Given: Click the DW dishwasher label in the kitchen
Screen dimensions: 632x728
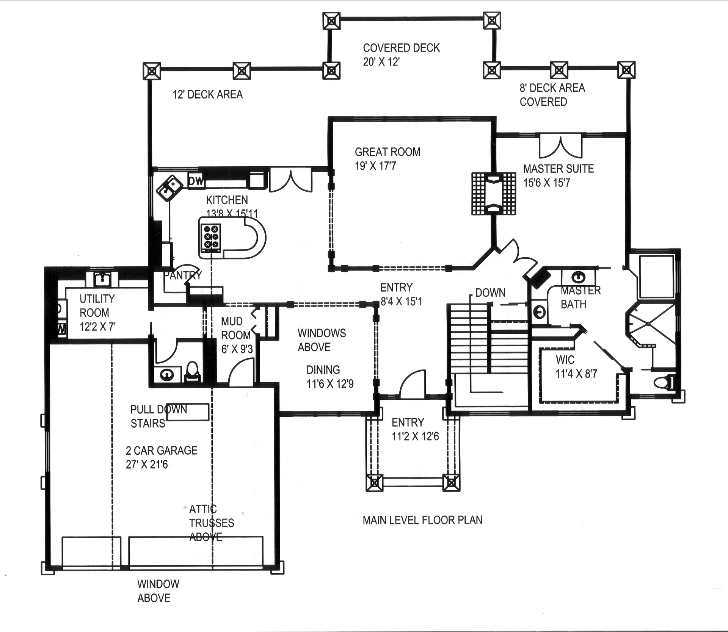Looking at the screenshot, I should pos(196,181).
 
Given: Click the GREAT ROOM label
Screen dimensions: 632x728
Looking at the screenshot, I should pos(387,152).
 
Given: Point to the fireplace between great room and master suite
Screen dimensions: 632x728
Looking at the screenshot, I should pos(493,194).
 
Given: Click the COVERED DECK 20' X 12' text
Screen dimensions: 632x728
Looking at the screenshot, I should pos(401,55).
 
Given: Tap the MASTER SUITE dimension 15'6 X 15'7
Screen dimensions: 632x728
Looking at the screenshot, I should pos(546,183).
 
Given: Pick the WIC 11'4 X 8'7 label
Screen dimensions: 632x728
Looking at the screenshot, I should pos(576,367).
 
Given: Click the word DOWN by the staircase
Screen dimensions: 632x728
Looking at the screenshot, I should pos(490,293).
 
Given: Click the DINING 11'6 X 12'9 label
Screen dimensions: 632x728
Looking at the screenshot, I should pos(329,377).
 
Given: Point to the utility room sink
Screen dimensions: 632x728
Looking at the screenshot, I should pos(102,280).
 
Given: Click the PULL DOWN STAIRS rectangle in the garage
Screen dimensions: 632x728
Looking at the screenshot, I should pos(188,412).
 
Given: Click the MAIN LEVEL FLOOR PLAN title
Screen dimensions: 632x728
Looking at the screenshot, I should pos(422,520).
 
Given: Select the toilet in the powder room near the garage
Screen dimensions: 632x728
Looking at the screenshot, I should pos(193,372).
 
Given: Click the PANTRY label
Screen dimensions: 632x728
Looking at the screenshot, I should pos(182,275).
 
